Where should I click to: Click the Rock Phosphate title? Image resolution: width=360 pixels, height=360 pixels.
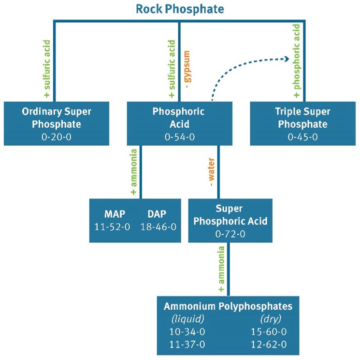point(179,9)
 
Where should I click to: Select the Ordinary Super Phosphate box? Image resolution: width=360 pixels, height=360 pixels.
point(57,123)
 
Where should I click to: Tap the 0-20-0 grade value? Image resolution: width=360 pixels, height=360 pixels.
point(57,136)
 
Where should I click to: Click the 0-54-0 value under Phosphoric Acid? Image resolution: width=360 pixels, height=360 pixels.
point(179,136)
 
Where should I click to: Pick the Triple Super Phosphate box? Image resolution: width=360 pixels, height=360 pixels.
point(303,123)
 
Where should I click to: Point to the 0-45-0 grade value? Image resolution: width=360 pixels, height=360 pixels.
point(303,136)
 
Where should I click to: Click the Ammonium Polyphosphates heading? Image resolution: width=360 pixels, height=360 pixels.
point(228,306)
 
